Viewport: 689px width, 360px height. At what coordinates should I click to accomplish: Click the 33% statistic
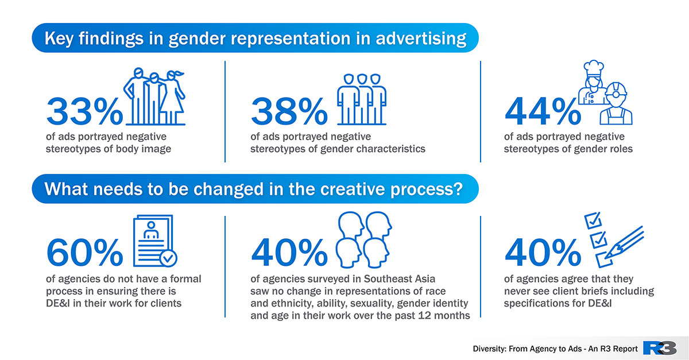tap(84, 111)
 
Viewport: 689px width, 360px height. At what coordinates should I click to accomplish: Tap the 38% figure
tap(289, 111)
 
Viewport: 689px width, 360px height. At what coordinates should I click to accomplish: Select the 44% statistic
tap(543, 111)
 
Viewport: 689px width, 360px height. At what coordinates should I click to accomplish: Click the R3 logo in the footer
tap(660, 349)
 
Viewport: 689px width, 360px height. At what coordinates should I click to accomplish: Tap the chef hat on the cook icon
tap(593, 68)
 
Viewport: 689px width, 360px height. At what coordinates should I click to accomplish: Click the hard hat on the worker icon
tap(616, 90)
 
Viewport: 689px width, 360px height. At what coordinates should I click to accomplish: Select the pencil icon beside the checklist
tap(625, 242)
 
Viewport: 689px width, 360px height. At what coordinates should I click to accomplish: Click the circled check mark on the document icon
tap(168, 258)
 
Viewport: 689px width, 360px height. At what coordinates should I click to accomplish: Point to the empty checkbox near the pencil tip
tap(604, 260)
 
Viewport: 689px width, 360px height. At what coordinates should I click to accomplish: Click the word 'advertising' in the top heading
tap(421, 39)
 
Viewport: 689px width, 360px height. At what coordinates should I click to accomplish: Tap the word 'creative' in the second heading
tap(352, 189)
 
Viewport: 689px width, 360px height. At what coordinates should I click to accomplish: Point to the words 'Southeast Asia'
tap(400, 279)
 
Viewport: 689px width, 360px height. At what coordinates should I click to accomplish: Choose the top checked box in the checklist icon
tap(593, 220)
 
